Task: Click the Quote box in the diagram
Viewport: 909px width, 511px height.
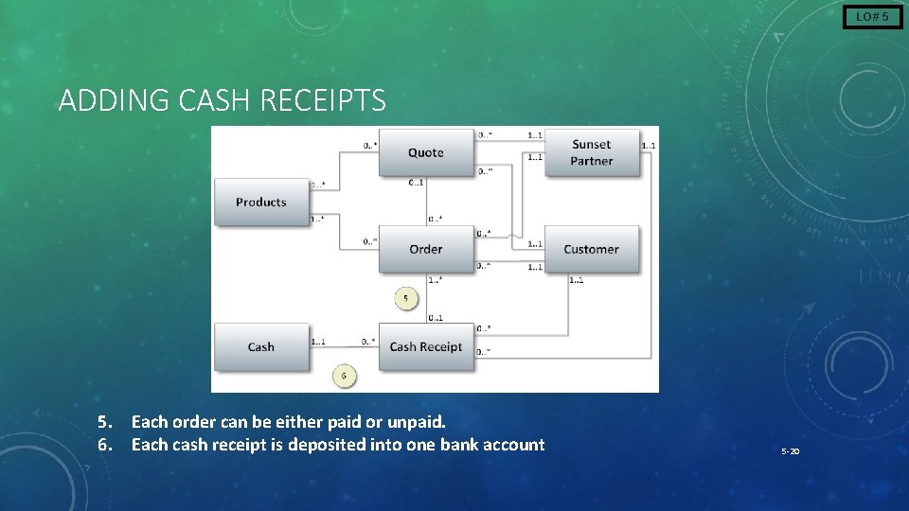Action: click(425, 152)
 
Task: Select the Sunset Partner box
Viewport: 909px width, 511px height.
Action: click(592, 152)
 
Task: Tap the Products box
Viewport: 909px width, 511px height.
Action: click(261, 202)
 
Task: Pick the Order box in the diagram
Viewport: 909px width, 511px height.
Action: click(425, 249)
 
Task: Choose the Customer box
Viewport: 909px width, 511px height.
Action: click(592, 249)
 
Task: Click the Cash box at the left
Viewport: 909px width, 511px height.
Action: click(261, 346)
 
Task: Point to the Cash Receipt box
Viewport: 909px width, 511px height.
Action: click(425, 346)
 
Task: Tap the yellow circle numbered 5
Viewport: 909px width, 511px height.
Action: click(406, 298)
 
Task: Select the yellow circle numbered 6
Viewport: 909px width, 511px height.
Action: click(344, 377)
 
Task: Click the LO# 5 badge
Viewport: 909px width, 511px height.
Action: click(872, 16)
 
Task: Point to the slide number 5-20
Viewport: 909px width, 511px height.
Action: click(791, 451)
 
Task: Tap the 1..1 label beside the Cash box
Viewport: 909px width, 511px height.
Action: click(318, 342)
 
